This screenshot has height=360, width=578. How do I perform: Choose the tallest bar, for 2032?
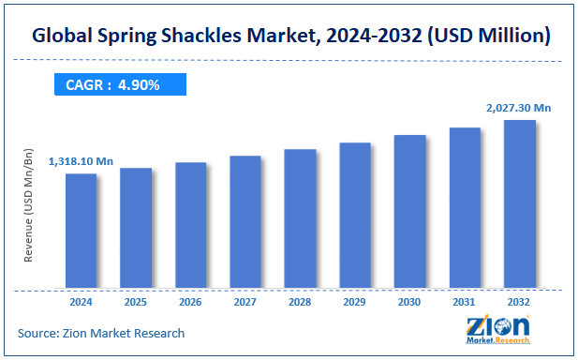[x=519, y=203]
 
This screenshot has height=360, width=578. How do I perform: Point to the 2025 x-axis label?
[x=136, y=302]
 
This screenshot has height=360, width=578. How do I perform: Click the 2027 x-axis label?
[x=245, y=302]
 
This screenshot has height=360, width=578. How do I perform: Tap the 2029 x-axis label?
[x=355, y=302]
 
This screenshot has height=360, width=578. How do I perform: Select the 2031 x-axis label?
[x=465, y=302]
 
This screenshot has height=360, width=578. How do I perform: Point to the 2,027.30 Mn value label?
[x=518, y=108]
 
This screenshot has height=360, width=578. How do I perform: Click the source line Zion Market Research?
[x=101, y=333]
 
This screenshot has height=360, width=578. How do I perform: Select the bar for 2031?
[x=465, y=207]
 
